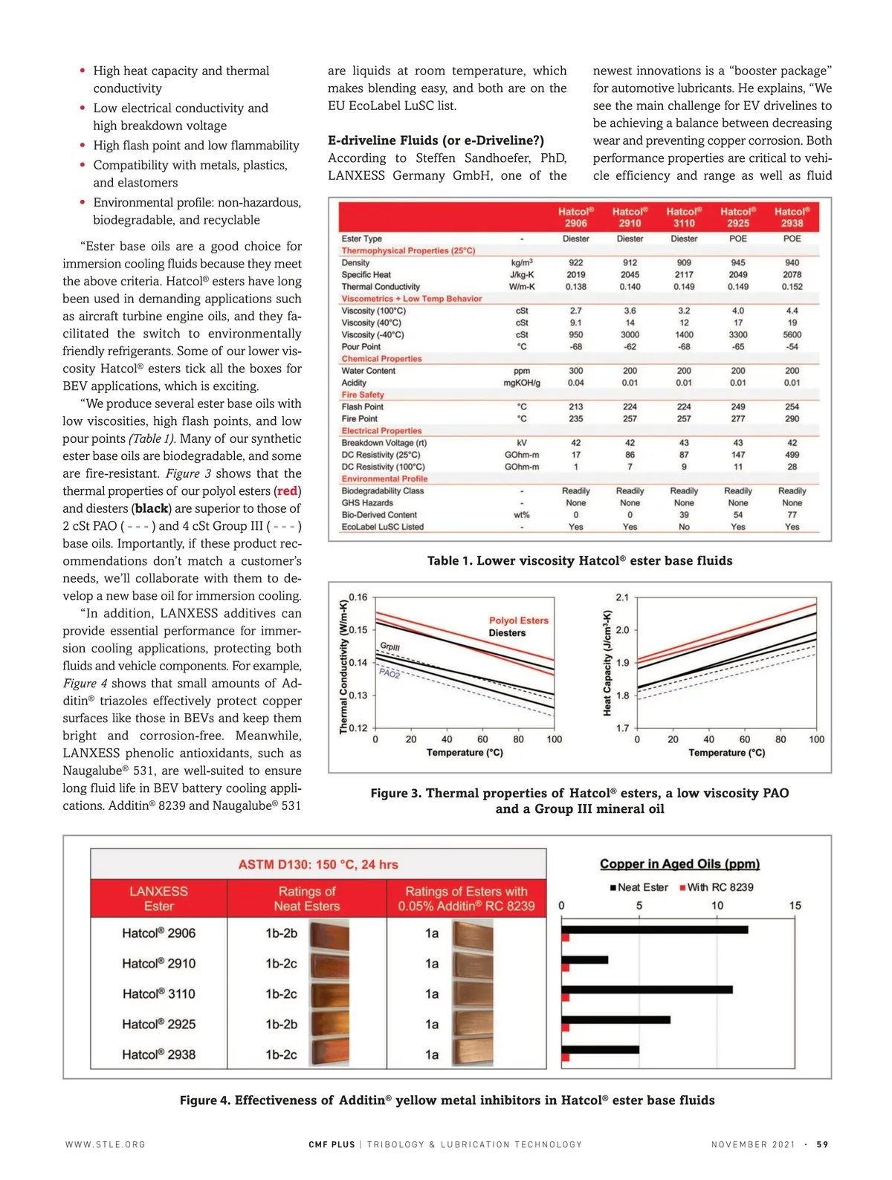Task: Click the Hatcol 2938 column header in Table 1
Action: pyautogui.click(x=792, y=217)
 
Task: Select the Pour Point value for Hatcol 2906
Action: pyautogui.click(x=575, y=347)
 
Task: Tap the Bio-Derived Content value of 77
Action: pyautogui.click(x=792, y=515)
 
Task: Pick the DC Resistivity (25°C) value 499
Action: pyautogui.click(x=792, y=455)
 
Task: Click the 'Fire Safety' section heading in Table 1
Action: pyautogui.click(x=363, y=395)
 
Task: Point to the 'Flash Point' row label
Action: pyautogui.click(x=363, y=407)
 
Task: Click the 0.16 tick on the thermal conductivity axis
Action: pyautogui.click(x=358, y=597)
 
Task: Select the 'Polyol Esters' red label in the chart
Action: pyautogui.click(x=518, y=620)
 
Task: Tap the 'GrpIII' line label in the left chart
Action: pyautogui.click(x=390, y=647)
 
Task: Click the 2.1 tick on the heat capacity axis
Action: pyautogui.click(x=622, y=597)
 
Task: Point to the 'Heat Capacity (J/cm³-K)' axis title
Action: pyautogui.click(x=607, y=663)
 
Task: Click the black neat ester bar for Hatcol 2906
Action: pyautogui.click(x=655, y=930)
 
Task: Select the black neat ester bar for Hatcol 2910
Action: pyautogui.click(x=585, y=960)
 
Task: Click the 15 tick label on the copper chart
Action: pyautogui.click(x=795, y=906)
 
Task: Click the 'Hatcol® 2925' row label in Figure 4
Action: pyautogui.click(x=159, y=1024)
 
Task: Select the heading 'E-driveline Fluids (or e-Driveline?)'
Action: pyautogui.click(x=436, y=140)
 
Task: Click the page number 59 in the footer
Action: pyautogui.click(x=822, y=1144)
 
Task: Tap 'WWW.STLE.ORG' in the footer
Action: pyautogui.click(x=106, y=1144)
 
